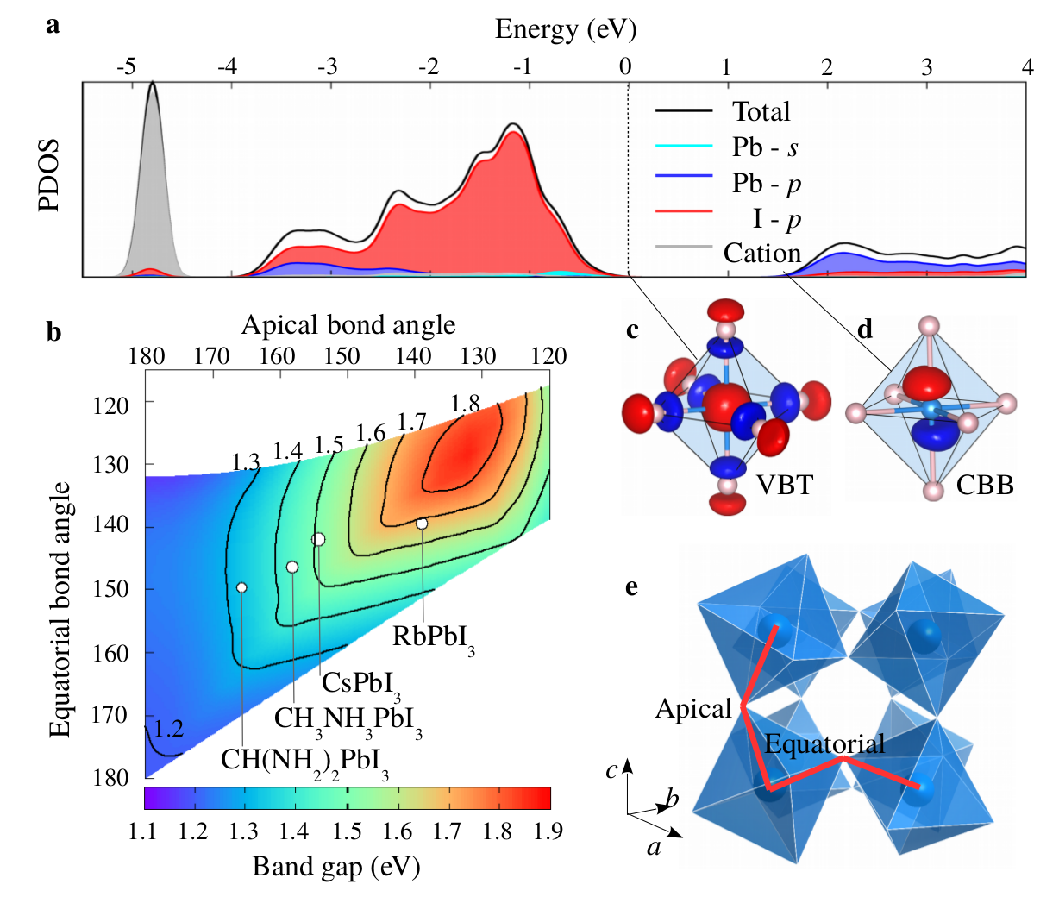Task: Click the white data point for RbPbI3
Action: pos(422,524)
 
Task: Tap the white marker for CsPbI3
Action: pos(318,539)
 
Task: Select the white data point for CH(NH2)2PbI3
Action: pos(241,587)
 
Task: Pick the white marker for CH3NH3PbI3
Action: pos(292,567)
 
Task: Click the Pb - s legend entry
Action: pos(764,147)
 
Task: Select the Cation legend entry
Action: pos(761,253)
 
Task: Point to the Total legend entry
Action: pos(761,111)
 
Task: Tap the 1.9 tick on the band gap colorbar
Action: pos(548,831)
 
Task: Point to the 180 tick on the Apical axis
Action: pos(146,356)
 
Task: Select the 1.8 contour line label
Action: pos(465,403)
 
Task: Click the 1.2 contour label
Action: pos(169,729)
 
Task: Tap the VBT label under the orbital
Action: pos(784,485)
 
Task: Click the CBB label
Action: pos(985,486)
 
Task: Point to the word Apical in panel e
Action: pos(693,709)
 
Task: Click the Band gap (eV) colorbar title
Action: pos(335,866)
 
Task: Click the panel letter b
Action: pos(54,331)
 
